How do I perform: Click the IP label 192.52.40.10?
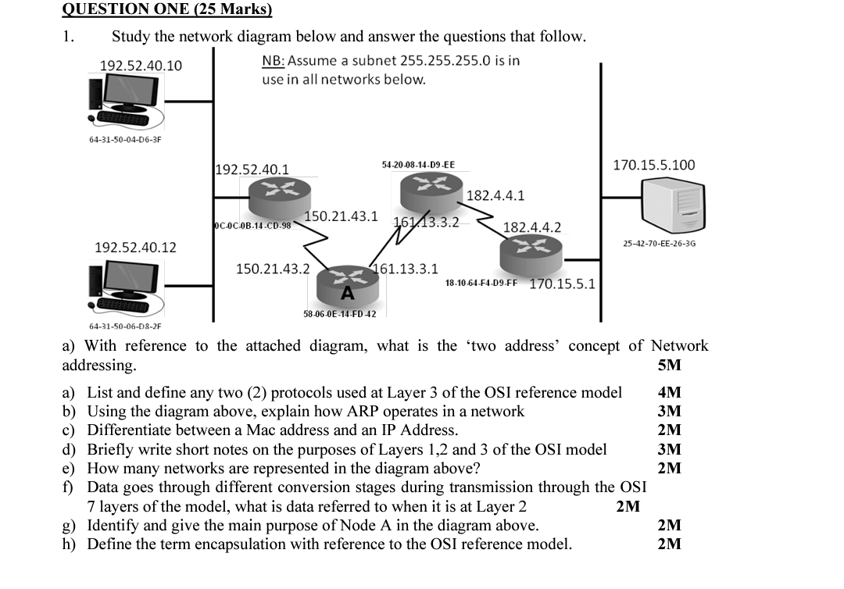pyautogui.click(x=141, y=65)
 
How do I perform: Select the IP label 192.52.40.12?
pyautogui.click(x=135, y=248)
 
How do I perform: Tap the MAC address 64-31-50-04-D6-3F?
pyautogui.click(x=125, y=140)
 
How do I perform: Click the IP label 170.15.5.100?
pyautogui.click(x=654, y=165)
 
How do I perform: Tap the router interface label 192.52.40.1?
pyautogui.click(x=252, y=170)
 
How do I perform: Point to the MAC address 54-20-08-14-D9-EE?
pyautogui.click(x=418, y=165)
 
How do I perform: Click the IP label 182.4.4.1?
pyautogui.click(x=495, y=195)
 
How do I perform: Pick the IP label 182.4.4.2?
pyautogui.click(x=531, y=227)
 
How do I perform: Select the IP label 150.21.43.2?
pyautogui.click(x=273, y=269)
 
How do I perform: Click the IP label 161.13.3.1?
pyautogui.click(x=407, y=269)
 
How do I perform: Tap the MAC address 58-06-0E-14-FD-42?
pyautogui.click(x=339, y=314)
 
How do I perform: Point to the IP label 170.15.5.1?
pyautogui.click(x=562, y=284)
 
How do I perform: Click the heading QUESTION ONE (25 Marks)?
pyautogui.click(x=166, y=9)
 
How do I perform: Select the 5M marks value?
pyautogui.click(x=670, y=365)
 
